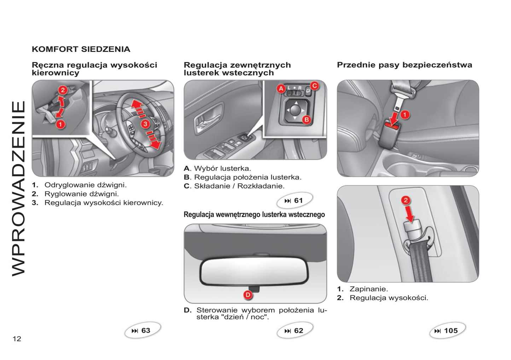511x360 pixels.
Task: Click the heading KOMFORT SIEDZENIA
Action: [81, 49]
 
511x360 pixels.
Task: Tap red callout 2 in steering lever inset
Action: [63, 90]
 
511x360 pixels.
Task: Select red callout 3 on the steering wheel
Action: [145, 124]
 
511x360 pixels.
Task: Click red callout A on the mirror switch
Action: [281, 88]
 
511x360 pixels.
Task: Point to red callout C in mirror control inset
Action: [314, 85]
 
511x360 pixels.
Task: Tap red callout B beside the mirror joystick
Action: [306, 119]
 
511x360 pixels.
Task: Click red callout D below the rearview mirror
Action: [248, 295]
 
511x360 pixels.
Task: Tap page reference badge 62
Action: [295, 331]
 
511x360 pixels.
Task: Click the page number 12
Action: [17, 339]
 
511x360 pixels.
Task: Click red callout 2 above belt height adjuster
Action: [406, 200]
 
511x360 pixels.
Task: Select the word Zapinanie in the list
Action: [368, 289]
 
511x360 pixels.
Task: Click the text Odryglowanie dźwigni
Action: [85, 185]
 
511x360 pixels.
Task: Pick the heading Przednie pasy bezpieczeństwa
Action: [404, 65]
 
